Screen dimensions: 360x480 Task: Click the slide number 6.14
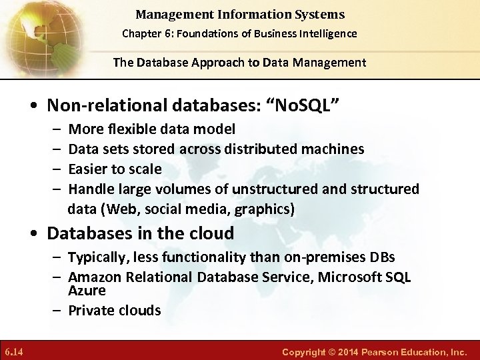click(13, 351)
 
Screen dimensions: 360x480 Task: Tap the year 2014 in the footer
click(362, 351)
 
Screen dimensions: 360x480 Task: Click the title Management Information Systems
click(239, 14)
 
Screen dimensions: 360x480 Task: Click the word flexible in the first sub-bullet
click(131, 129)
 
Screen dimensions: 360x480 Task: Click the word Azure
click(87, 291)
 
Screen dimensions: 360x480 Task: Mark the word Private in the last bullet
click(90, 310)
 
